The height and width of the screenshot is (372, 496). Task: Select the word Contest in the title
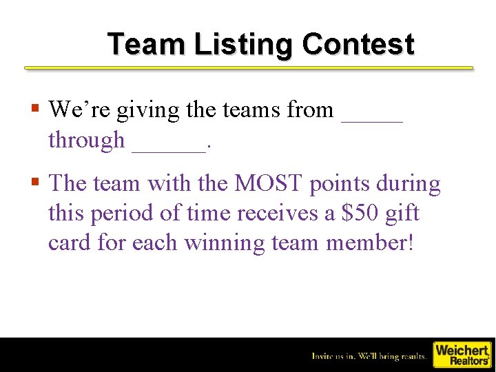[x=358, y=44]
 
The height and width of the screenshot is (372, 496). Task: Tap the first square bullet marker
[x=34, y=108]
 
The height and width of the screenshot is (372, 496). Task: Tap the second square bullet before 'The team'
[x=34, y=183]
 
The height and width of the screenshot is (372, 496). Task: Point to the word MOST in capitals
[x=269, y=184]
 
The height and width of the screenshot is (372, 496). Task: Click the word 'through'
[x=86, y=141]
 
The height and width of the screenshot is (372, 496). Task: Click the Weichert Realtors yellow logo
[x=462, y=355]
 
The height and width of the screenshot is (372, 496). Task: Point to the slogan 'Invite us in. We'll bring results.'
[x=369, y=356]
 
